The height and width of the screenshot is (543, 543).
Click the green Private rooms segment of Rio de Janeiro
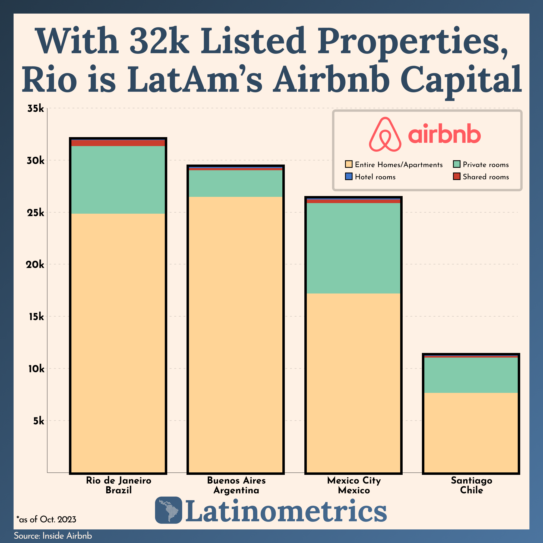[x=118, y=180]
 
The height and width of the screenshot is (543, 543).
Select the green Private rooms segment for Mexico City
[x=353, y=248]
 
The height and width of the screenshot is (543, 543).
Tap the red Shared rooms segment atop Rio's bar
[x=118, y=143]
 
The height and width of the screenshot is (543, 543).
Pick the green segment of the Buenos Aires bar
[x=235, y=183]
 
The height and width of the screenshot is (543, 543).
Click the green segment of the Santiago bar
[x=471, y=375]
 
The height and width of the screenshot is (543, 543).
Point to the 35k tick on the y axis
[x=36, y=109]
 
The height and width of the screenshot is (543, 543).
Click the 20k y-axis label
[x=35, y=264]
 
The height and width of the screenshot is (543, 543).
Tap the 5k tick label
[x=39, y=421]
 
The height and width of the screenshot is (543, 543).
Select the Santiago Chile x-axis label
[x=471, y=485]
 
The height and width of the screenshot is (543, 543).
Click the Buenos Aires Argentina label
[x=236, y=485]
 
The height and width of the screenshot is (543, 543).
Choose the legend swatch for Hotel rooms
[x=349, y=176]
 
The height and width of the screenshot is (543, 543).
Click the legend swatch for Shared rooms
[x=456, y=176]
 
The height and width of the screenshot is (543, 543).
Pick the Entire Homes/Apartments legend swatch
[x=349, y=164]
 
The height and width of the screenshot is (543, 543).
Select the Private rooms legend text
[x=486, y=165]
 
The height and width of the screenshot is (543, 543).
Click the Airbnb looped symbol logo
[x=385, y=134]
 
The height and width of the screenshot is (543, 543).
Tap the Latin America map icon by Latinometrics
[x=168, y=510]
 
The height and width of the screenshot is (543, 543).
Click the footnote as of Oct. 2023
[x=46, y=519]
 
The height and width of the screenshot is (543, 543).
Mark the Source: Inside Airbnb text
[x=53, y=536]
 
